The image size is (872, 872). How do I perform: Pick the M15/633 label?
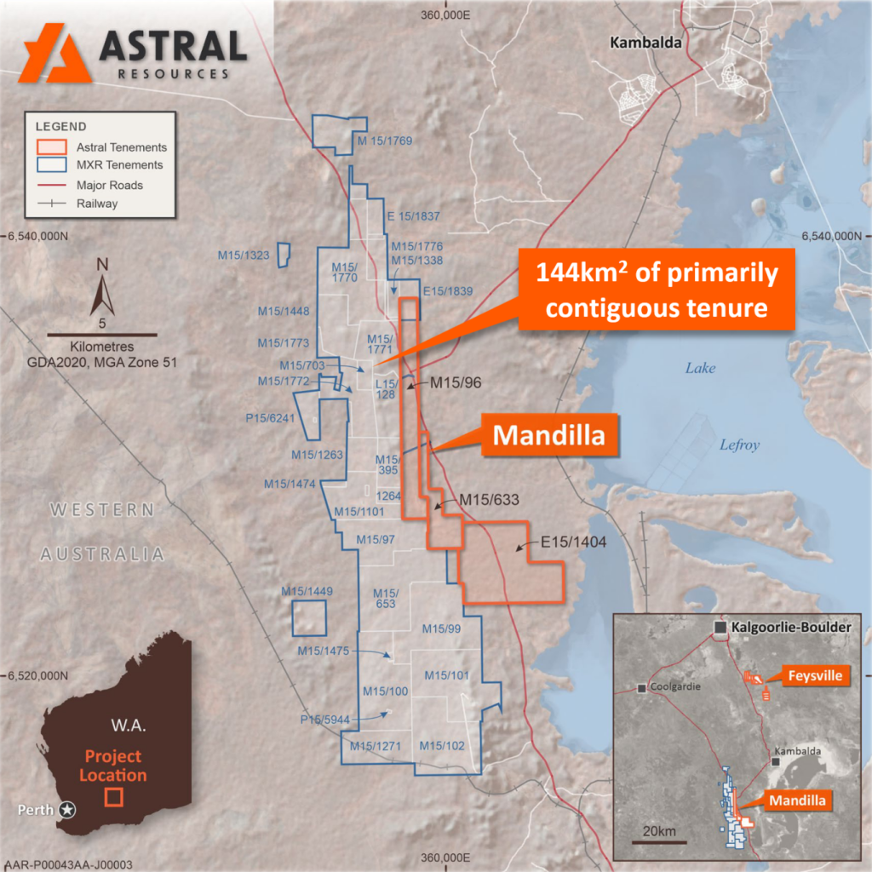click(x=488, y=499)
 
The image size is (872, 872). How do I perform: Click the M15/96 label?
click(x=456, y=382)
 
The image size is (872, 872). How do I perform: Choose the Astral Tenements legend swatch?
click(x=51, y=146)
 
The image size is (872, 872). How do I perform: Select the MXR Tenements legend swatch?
click(x=51, y=165)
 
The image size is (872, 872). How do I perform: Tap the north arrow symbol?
click(x=101, y=290)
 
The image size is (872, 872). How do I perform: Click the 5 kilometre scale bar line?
click(x=100, y=333)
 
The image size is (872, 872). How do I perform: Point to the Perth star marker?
click(x=67, y=809)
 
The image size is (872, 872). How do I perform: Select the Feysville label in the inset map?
click(x=812, y=676)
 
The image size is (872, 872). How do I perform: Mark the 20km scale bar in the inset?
click(x=658, y=841)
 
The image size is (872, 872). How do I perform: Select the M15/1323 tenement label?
click(x=244, y=255)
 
